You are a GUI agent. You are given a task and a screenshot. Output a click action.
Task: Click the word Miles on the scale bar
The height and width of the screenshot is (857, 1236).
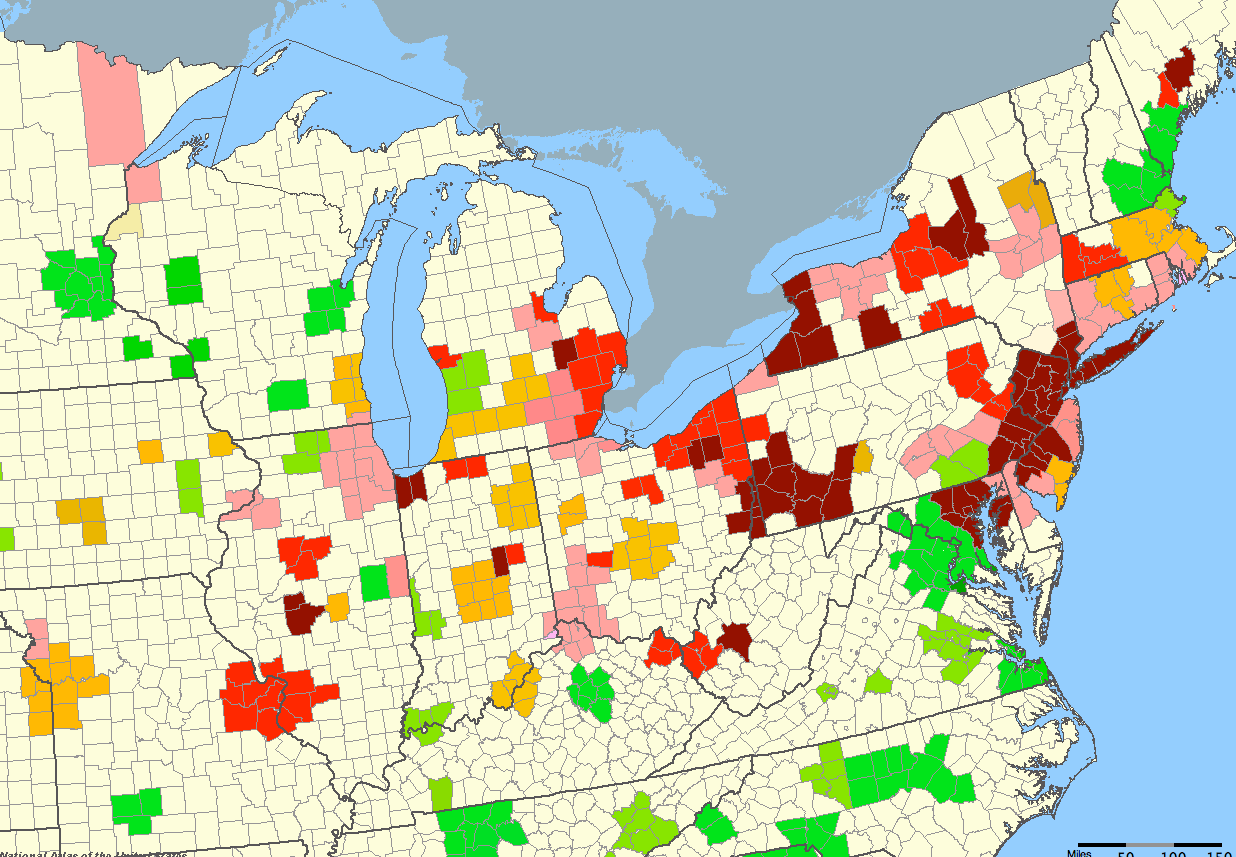(1079, 853)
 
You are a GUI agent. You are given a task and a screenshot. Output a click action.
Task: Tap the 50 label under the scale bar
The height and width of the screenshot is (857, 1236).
(1126, 854)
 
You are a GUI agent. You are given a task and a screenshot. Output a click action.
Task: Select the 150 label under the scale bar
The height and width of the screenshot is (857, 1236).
(1217, 854)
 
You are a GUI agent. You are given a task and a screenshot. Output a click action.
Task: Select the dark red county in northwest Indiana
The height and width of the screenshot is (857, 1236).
(409, 490)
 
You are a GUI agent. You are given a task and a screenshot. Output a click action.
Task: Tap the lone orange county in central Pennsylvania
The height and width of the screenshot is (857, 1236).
(862, 458)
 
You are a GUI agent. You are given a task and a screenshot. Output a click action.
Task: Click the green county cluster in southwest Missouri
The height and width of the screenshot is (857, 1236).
(138, 808)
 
